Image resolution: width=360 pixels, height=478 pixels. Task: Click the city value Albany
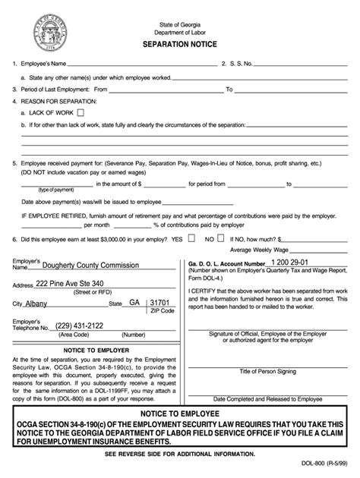[x=36, y=302]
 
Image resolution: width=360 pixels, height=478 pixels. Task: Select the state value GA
[x=134, y=301]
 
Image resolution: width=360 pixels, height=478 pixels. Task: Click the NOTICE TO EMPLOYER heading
[x=94, y=350]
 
